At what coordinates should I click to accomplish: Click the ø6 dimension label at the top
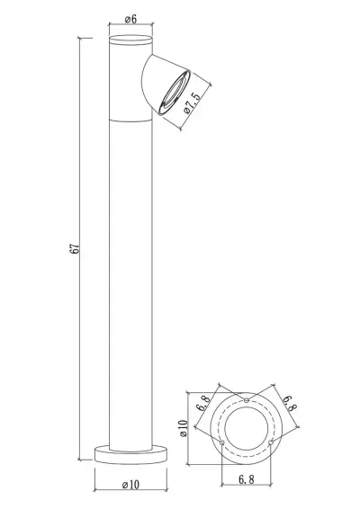pyautogui.click(x=129, y=19)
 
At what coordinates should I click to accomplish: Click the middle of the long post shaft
pyautogui.click(x=130, y=270)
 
